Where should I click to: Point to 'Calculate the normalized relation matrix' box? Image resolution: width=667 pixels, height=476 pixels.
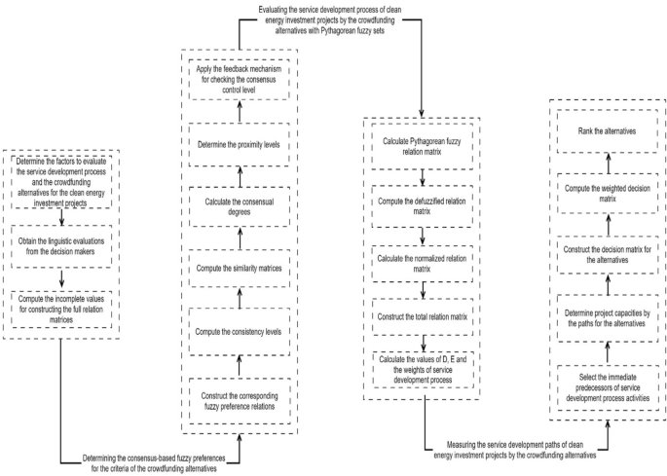coord(422,264)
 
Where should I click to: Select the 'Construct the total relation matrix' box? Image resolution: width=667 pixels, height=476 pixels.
coord(422,316)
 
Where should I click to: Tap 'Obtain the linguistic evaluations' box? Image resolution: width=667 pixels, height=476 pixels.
coord(59,240)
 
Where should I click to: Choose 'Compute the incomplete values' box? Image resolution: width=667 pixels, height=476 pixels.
coord(59,310)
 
